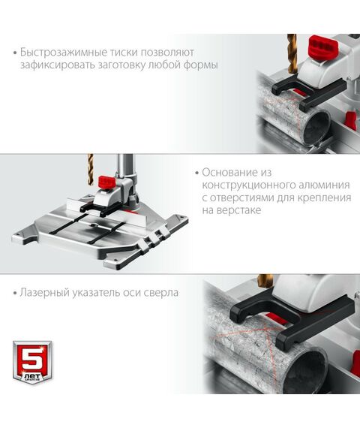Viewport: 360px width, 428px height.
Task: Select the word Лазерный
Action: tap(46, 291)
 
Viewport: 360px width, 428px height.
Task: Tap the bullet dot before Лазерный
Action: tap(16, 291)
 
